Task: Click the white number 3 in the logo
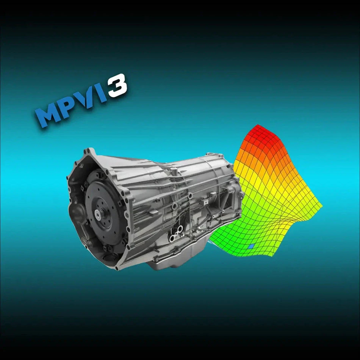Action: point(116,85)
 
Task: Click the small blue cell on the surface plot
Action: point(250,246)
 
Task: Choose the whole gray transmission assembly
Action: point(155,208)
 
